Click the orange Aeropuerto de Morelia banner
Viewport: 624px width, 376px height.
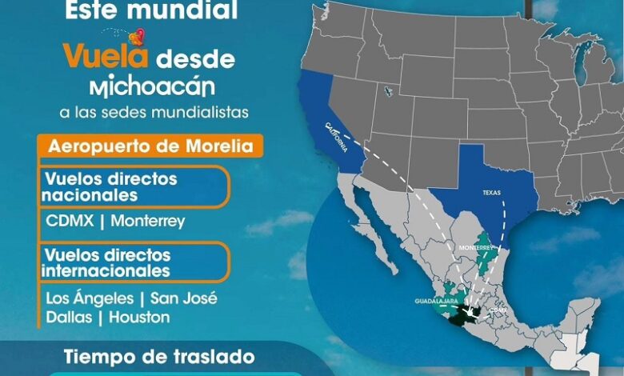[151, 146]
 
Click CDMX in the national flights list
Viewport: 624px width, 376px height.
[68, 220]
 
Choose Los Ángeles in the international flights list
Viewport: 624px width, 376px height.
[88, 298]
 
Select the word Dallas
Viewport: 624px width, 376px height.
[67, 318]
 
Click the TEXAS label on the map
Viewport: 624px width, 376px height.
[491, 194]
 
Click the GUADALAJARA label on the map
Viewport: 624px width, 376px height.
[437, 302]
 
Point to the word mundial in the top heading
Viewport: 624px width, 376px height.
[190, 10]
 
